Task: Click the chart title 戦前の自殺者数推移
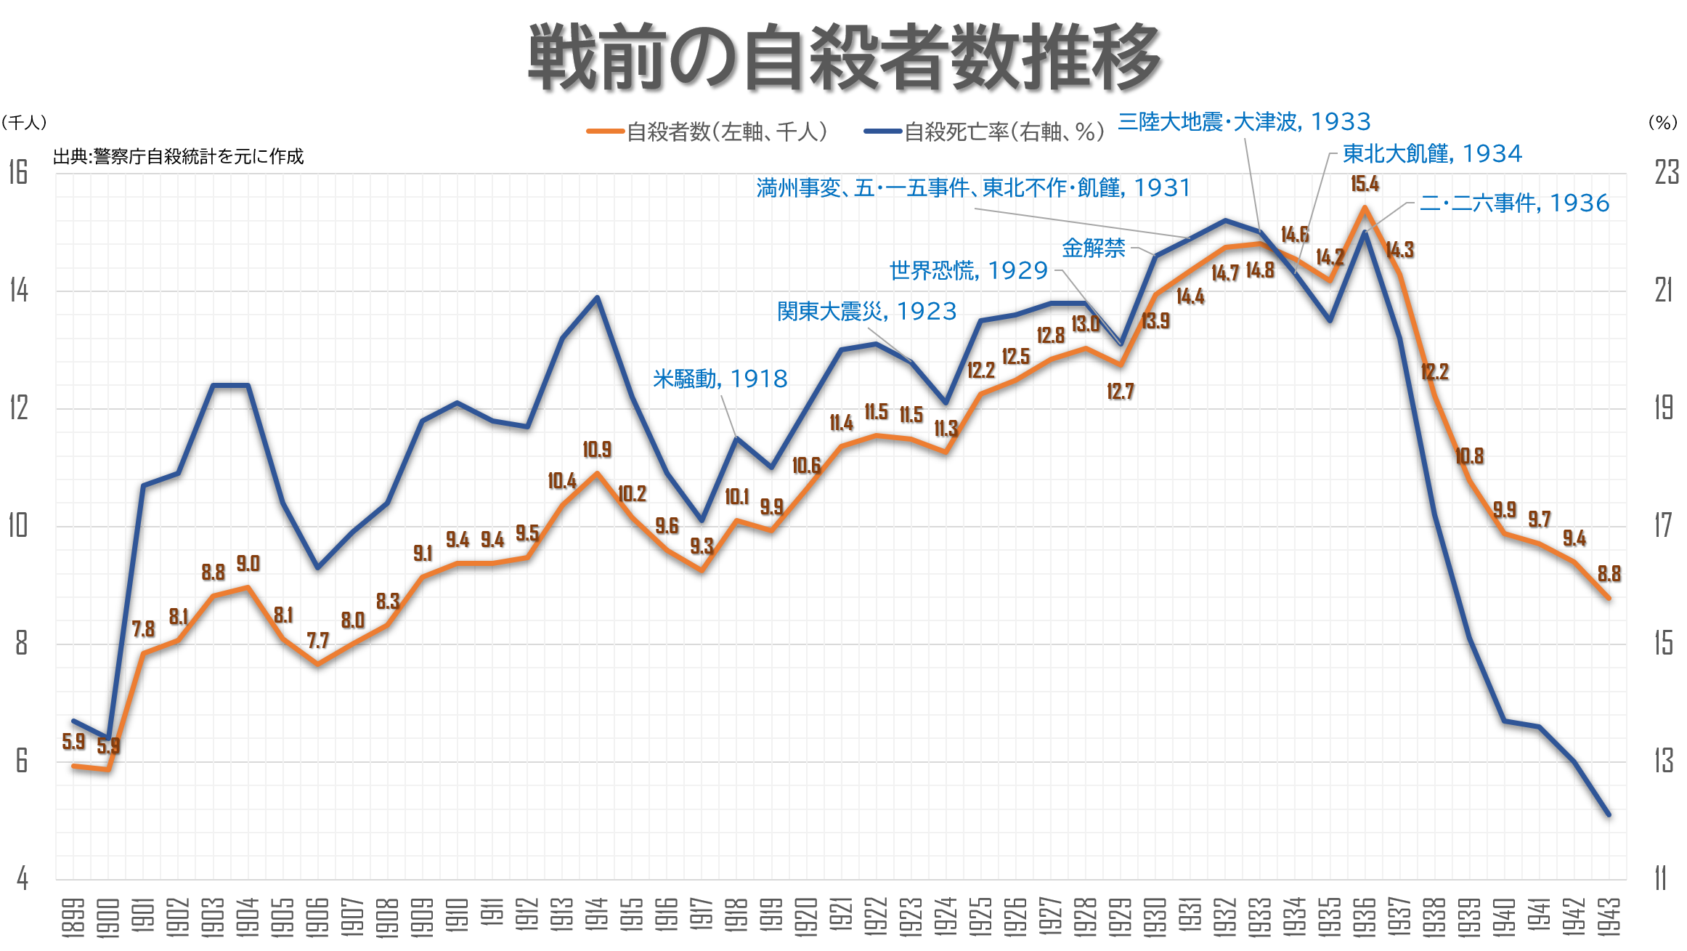click(x=845, y=57)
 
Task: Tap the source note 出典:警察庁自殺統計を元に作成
click(x=178, y=156)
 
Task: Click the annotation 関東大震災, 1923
click(x=866, y=311)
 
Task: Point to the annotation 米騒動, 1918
click(x=720, y=379)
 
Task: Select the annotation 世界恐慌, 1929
click(x=968, y=270)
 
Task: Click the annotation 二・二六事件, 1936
click(x=1514, y=203)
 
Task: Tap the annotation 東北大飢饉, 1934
click(x=1431, y=153)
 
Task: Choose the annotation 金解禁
click(x=1093, y=248)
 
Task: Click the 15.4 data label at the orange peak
click(x=1365, y=184)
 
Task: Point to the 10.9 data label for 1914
click(x=597, y=450)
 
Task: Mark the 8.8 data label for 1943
click(x=1609, y=574)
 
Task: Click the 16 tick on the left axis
click(x=18, y=173)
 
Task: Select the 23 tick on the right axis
click(x=1666, y=173)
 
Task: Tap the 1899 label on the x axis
click(x=73, y=917)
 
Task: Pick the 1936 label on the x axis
click(x=1365, y=917)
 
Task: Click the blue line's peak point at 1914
click(x=597, y=297)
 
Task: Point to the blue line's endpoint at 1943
click(x=1609, y=815)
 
